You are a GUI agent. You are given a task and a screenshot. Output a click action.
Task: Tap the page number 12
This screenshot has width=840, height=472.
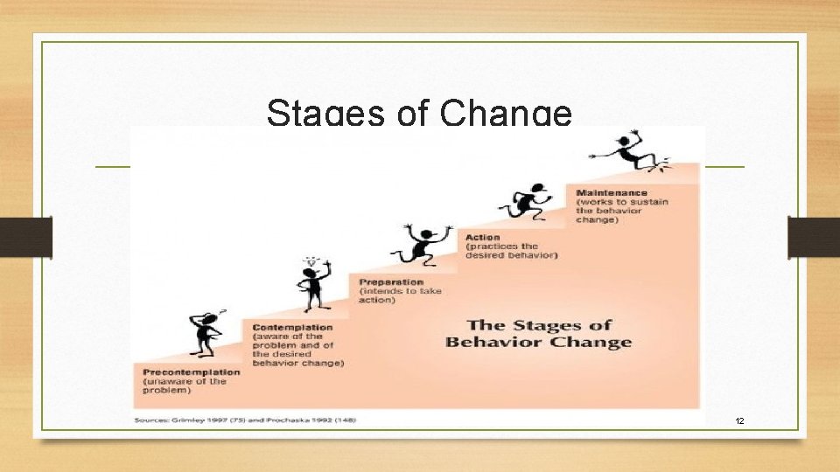739,421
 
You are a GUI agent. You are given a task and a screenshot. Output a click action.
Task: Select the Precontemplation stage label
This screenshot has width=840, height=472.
191,371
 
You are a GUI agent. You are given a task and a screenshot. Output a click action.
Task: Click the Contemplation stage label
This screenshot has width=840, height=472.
292,327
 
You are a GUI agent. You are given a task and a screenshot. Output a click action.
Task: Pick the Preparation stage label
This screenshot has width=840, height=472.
390,282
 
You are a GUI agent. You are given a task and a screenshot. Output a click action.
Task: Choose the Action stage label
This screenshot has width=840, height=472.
483,237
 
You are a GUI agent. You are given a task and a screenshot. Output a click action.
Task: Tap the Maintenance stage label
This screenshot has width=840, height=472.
612,192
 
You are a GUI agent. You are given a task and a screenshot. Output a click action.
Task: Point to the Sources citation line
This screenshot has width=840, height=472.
245,420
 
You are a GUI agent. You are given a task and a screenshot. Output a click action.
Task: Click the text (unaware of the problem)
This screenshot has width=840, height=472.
184,385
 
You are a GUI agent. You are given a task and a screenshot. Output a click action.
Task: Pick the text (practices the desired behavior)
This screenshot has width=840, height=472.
511,250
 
